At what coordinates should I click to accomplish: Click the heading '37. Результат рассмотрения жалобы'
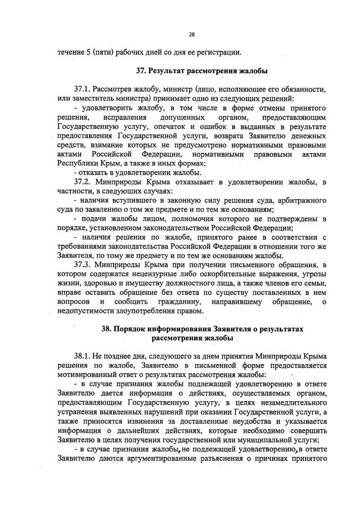coord(201,71)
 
